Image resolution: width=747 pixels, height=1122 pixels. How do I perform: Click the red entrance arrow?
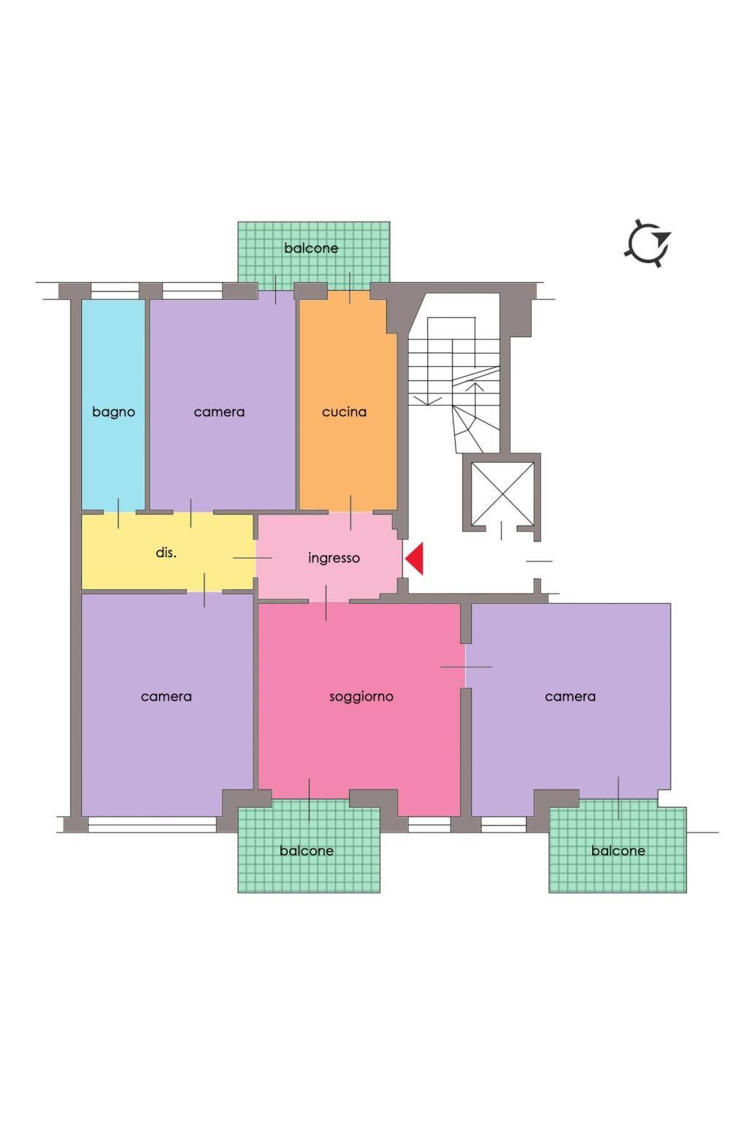click(415, 558)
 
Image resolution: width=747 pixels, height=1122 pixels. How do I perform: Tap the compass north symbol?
click(648, 243)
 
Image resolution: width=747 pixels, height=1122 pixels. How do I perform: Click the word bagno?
click(114, 413)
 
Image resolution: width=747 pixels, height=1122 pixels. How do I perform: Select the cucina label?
click(344, 412)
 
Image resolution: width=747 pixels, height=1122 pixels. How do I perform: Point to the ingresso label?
click(334, 558)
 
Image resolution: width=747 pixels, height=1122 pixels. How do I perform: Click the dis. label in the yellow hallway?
click(166, 553)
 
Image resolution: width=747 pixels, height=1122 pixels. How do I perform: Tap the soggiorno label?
click(361, 697)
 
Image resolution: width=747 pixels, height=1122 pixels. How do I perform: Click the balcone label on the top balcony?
click(311, 248)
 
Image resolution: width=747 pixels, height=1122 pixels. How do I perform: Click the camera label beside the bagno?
click(219, 412)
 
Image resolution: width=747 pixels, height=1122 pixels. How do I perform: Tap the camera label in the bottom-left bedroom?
click(166, 697)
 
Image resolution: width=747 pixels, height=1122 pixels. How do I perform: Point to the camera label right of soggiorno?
click(570, 697)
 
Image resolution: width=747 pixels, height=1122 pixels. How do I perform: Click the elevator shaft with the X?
click(502, 493)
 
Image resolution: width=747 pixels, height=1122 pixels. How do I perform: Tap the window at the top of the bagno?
click(115, 291)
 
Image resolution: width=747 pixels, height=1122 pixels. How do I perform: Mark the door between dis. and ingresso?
click(255, 558)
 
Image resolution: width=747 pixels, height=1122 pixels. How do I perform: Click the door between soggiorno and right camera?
click(466, 667)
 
